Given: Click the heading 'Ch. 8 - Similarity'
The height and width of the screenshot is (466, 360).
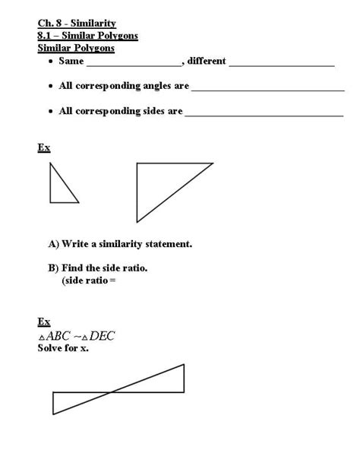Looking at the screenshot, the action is [x=77, y=24].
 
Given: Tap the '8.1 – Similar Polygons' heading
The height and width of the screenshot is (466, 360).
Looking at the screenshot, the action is [x=87, y=36].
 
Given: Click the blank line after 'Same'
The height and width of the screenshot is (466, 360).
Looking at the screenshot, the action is [x=134, y=65].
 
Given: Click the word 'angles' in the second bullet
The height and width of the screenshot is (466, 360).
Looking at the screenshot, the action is [x=151, y=86].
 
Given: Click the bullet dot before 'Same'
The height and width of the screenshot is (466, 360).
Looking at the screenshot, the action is [x=50, y=62].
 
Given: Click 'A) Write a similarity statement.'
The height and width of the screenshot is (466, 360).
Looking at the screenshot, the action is [x=120, y=244].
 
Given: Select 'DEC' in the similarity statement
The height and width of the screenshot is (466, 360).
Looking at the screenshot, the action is [x=102, y=335].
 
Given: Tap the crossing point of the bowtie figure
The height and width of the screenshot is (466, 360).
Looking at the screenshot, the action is [x=112, y=392].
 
